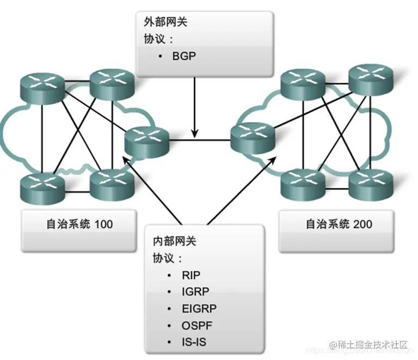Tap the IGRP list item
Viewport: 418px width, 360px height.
tap(195, 291)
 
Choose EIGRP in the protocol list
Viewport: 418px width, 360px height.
tap(199, 308)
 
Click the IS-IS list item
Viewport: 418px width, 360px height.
tap(194, 342)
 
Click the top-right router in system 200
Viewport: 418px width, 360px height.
tap(371, 78)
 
